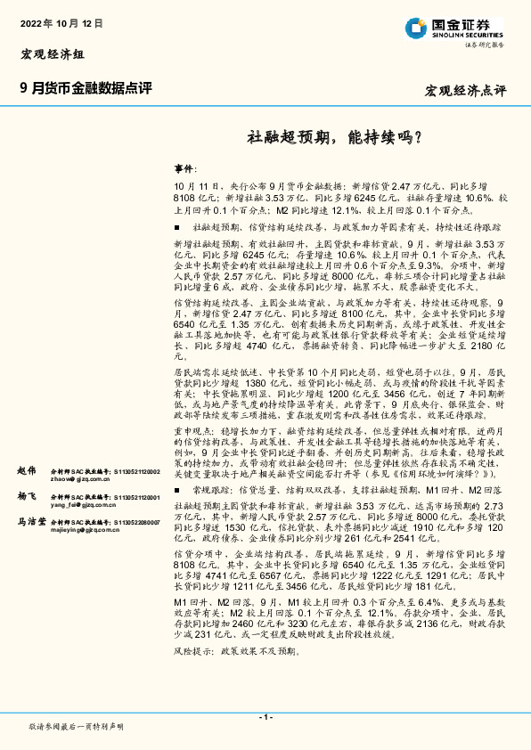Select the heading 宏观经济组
pyautogui.click(x=52, y=54)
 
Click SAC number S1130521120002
pyautogui.click(x=133, y=469)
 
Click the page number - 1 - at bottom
pyautogui.click(x=265, y=717)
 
